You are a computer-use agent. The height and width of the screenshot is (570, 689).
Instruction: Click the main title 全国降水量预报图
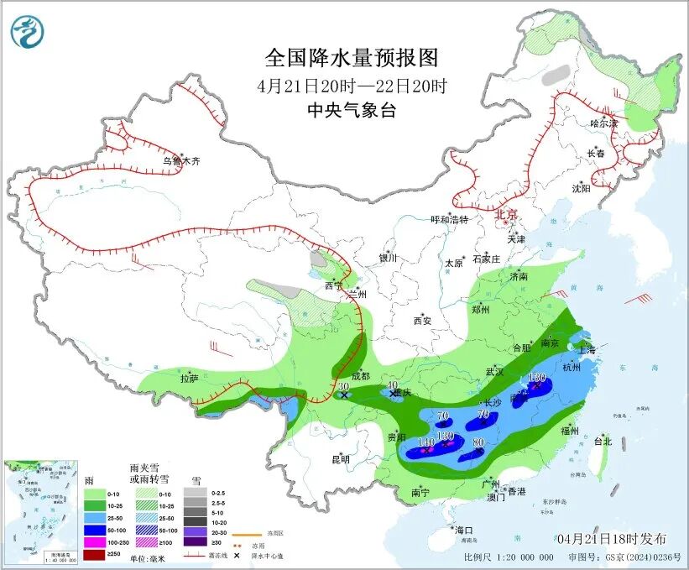[352, 58]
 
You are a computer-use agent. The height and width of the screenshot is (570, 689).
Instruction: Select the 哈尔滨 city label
[603, 123]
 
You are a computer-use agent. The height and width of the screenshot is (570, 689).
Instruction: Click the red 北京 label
[507, 214]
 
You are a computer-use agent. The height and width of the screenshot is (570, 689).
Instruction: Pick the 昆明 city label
[340, 459]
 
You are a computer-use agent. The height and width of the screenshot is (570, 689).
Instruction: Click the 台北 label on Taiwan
[603, 441]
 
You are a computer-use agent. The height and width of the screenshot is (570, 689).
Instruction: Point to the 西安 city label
[421, 321]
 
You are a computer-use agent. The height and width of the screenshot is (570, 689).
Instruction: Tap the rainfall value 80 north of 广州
[479, 442]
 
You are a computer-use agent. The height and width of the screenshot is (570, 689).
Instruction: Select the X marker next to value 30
[344, 395]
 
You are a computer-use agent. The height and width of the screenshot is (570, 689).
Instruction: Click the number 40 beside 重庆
[392, 385]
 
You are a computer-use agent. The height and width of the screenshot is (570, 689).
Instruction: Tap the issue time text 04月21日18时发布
[611, 537]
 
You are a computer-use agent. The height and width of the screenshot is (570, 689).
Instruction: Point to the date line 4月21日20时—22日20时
[352, 86]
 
